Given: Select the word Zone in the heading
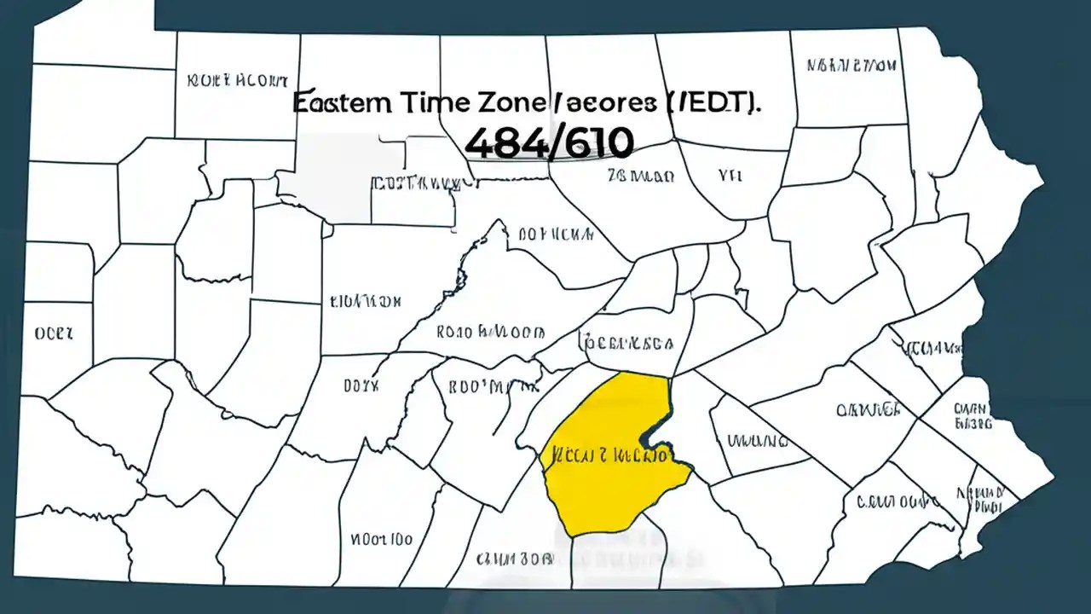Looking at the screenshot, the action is pyautogui.click(x=505, y=102).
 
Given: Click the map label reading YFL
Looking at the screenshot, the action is pyautogui.click(x=730, y=176).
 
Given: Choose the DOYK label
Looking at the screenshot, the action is pyautogui.click(x=361, y=385).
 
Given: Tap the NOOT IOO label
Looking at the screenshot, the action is pyautogui.click(x=380, y=539).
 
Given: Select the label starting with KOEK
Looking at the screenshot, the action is pyautogui.click(x=237, y=81).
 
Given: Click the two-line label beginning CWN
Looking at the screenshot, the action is pyautogui.click(x=971, y=414).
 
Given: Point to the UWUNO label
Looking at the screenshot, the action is pyautogui.click(x=756, y=441).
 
